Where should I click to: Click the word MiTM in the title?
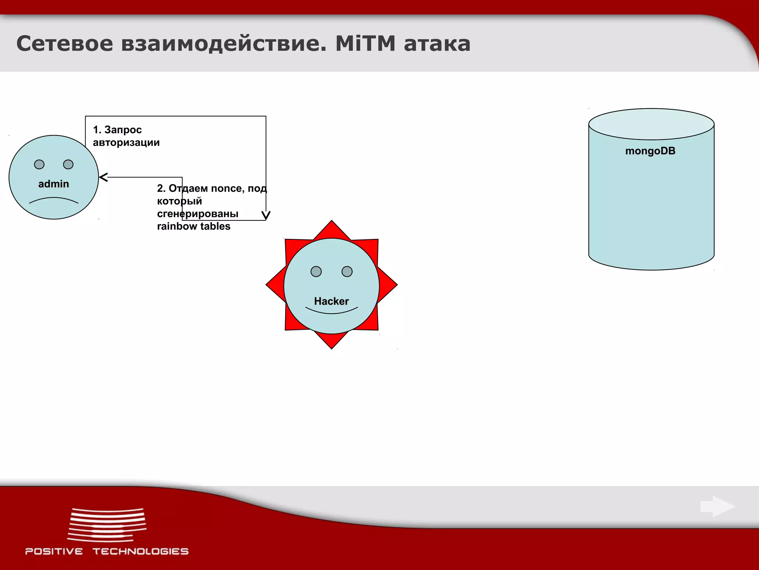(365, 44)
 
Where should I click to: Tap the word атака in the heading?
(437, 44)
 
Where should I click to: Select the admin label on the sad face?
(54, 184)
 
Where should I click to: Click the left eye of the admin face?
(39, 164)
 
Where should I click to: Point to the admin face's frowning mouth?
(54, 201)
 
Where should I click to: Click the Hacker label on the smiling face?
(331, 301)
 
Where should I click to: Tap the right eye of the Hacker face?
(347, 272)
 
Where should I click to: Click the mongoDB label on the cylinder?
(650, 151)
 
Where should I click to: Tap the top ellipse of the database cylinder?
(651, 124)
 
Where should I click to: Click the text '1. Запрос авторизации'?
(126, 136)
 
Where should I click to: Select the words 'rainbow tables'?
(193, 226)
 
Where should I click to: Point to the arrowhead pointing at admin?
(103, 177)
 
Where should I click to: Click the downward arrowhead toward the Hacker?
(266, 215)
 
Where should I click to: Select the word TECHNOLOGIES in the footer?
(140, 551)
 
